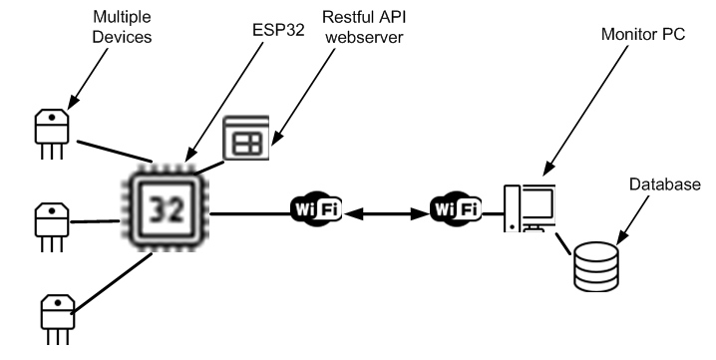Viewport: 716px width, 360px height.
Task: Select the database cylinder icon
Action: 596,264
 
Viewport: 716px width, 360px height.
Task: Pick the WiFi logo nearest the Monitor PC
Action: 456,210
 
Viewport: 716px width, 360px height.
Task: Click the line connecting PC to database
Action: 564,243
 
